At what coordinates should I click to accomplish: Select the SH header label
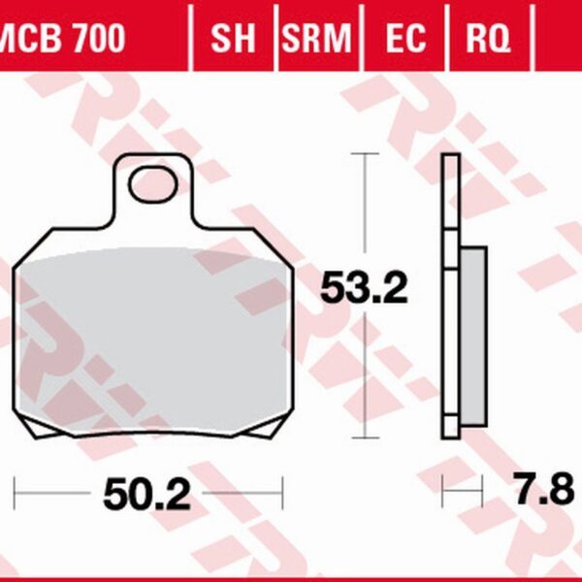(x=233, y=40)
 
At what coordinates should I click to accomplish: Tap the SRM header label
(x=316, y=40)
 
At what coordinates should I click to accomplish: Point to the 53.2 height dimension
(x=365, y=289)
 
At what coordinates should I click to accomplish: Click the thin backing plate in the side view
(x=450, y=291)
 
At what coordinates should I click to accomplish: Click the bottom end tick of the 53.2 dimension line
(x=364, y=437)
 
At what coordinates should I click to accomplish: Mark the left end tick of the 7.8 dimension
(x=443, y=491)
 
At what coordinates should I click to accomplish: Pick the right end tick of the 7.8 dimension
(x=483, y=491)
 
